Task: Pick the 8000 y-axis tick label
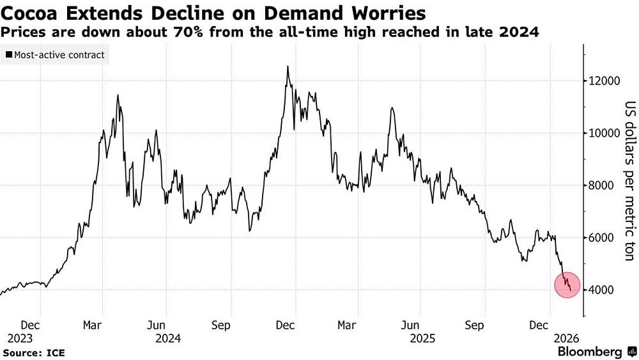pyautogui.click(x=604, y=186)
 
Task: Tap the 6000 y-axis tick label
pyautogui.click(x=604, y=238)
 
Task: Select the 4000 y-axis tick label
pyautogui.click(x=604, y=290)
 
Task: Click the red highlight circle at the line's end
pyautogui.click(x=566, y=285)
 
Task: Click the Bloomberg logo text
pyautogui.click(x=590, y=352)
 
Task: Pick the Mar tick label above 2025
pyautogui.click(x=347, y=325)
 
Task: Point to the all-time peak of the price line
pyautogui.click(x=288, y=67)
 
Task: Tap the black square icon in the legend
pyautogui.click(x=8, y=55)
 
